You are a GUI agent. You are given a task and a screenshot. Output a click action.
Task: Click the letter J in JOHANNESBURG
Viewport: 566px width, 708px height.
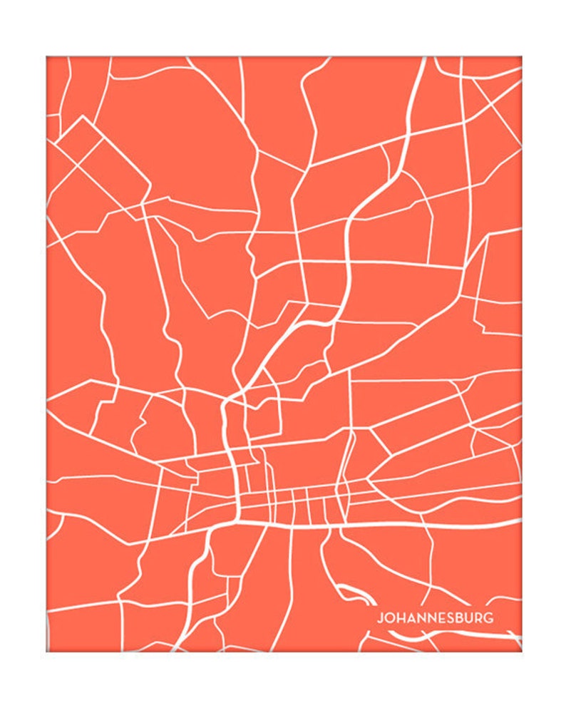tap(380, 618)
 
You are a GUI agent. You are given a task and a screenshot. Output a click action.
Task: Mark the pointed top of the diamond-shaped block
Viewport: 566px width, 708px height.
tap(83, 116)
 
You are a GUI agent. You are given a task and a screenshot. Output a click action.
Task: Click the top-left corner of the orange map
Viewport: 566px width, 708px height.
tap(47, 57)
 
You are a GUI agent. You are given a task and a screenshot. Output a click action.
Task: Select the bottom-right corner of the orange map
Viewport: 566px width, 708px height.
tap(521, 651)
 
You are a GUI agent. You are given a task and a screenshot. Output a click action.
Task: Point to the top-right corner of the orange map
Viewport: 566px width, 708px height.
tap(521, 57)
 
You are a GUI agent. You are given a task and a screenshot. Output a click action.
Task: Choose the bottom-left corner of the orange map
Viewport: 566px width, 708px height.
tap(47, 651)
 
